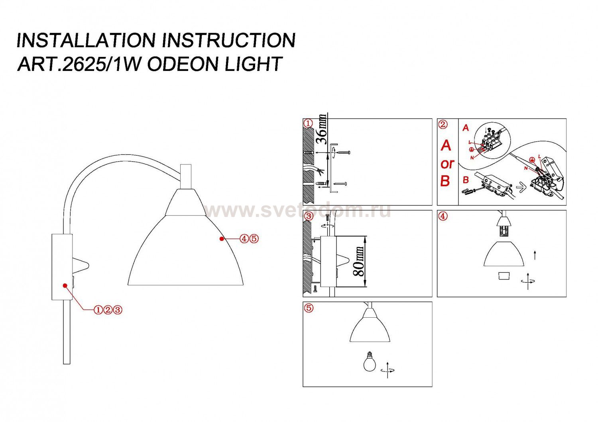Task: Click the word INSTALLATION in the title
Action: click(x=86, y=40)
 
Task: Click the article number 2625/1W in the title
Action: click(x=101, y=64)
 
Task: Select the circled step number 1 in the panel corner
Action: click(x=308, y=123)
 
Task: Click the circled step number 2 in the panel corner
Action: click(x=443, y=124)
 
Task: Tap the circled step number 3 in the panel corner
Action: click(x=309, y=216)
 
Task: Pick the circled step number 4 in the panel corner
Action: click(x=443, y=216)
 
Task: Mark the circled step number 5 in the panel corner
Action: click(x=309, y=308)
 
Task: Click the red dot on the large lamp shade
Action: click(x=221, y=239)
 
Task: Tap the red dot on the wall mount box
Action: click(x=65, y=285)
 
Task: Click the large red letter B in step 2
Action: click(x=445, y=181)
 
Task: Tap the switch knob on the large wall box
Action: click(x=81, y=266)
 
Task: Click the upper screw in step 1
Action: click(x=343, y=153)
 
